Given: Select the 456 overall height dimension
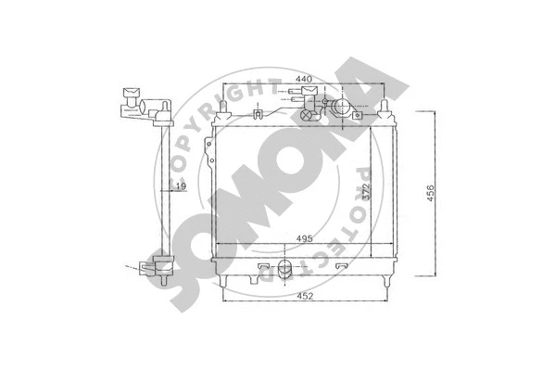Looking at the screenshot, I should [429, 192].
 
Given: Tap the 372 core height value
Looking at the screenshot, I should [367, 192].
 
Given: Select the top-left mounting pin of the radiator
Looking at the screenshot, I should [221, 111].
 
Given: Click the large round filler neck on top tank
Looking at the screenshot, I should [341, 108].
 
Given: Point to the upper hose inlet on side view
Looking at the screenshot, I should [129, 96].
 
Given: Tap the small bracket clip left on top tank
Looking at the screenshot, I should [257, 116].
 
